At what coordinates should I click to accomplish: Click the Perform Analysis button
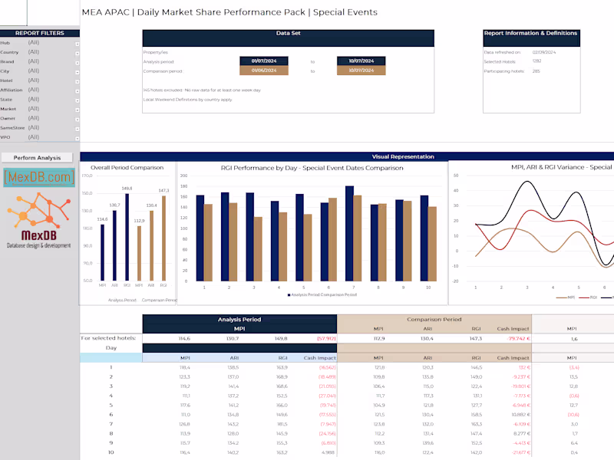tap(37, 157)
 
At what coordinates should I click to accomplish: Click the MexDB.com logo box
tap(39, 178)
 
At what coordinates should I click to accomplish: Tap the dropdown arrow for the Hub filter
tap(77, 43)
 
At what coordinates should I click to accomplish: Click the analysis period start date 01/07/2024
tap(263, 61)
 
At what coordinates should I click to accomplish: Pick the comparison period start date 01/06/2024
tap(263, 71)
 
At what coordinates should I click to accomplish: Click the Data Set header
tap(288, 34)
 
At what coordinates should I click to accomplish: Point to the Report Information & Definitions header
tap(530, 34)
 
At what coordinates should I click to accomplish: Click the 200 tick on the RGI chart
tap(184, 176)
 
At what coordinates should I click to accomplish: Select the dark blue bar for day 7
tap(349, 233)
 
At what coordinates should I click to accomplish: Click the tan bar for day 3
tap(258, 248)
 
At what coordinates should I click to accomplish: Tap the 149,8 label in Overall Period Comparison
tap(127, 189)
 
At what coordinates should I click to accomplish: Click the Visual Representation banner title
tap(402, 156)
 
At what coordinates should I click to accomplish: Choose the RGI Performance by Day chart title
tap(312, 167)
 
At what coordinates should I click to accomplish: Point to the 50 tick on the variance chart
tap(456, 176)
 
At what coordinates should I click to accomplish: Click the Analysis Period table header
tap(239, 319)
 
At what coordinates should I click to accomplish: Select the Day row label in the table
tap(111, 347)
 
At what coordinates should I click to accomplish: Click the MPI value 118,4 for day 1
tap(185, 367)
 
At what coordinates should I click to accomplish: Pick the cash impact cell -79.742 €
tap(510, 337)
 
